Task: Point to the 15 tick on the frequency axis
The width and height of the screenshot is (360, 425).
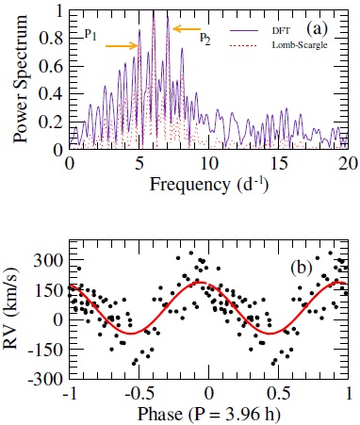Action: pos(278,163)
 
